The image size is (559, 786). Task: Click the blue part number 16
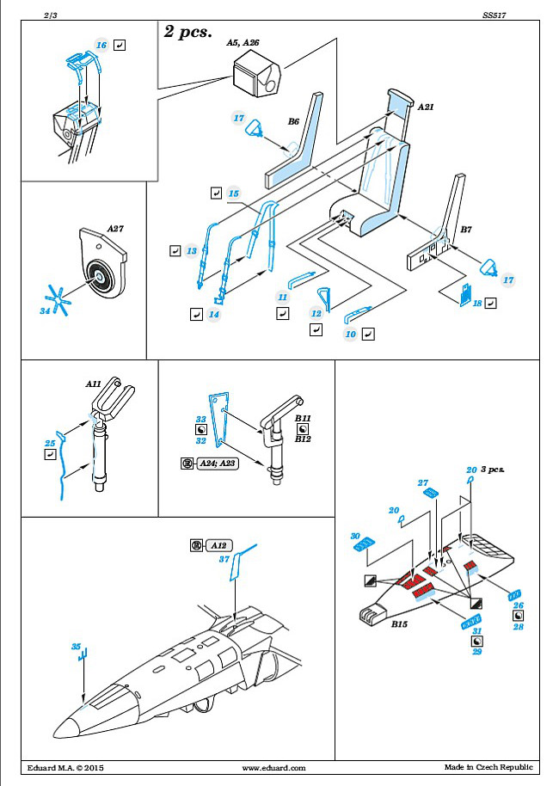click(x=101, y=45)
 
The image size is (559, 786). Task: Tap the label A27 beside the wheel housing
click(x=114, y=229)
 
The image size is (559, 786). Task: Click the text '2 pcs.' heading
click(x=188, y=32)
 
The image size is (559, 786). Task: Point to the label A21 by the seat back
click(x=425, y=107)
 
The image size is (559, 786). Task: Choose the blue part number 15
click(x=234, y=193)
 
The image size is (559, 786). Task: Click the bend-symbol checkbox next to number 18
click(x=491, y=303)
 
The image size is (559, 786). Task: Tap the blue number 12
click(x=316, y=313)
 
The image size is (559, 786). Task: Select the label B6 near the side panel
click(x=293, y=121)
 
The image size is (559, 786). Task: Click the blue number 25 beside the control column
click(x=50, y=443)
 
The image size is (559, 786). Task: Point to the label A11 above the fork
click(x=93, y=384)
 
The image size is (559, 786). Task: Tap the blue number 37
click(x=224, y=559)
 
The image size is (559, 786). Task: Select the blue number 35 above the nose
click(x=76, y=647)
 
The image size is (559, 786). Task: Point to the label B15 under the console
click(x=399, y=624)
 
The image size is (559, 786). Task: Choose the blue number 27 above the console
click(x=422, y=482)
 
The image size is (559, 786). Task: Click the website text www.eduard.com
click(x=273, y=768)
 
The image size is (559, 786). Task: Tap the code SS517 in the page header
click(x=494, y=15)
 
